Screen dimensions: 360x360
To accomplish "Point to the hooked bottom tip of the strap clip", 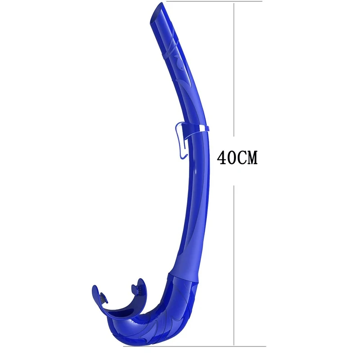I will [x=183, y=156].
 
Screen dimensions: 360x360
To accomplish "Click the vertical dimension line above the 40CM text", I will [x=234, y=67].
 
